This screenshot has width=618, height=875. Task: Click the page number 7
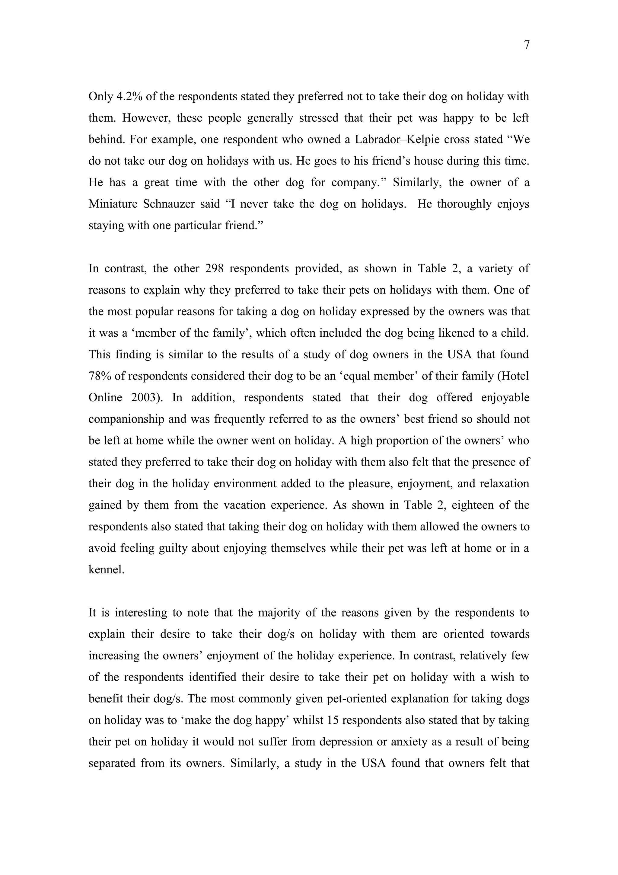pyautogui.click(x=527, y=45)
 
